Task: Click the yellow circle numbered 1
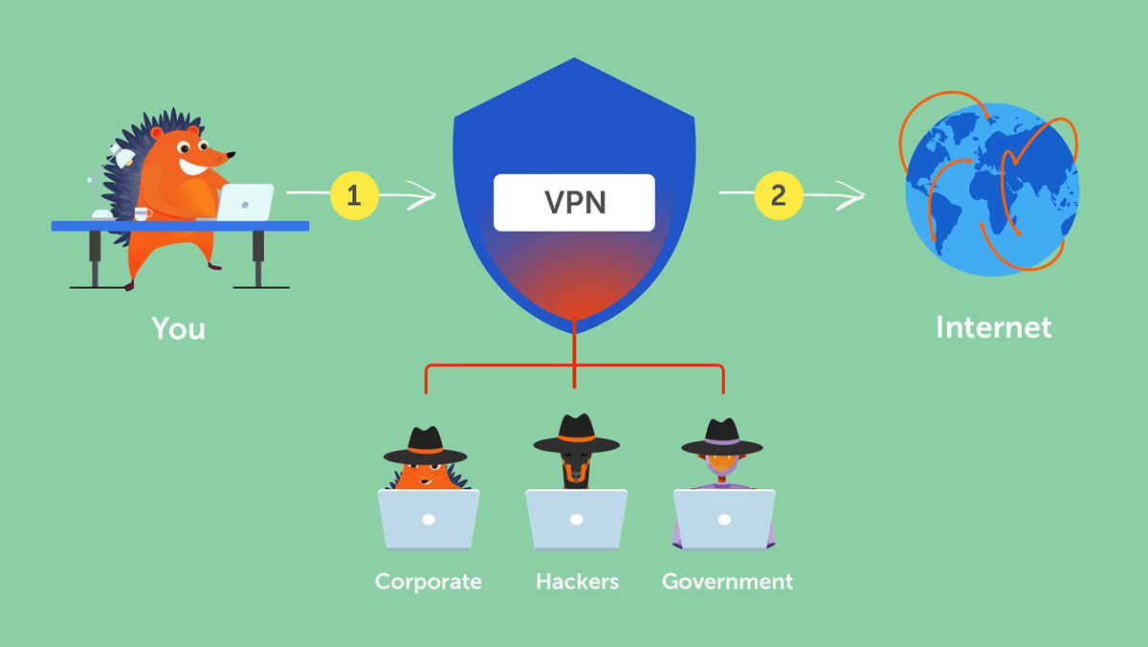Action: (354, 196)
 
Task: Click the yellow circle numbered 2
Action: (778, 195)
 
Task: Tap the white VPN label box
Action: (574, 202)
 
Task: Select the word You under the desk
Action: (178, 328)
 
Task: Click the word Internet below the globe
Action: (993, 327)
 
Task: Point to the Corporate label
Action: (428, 581)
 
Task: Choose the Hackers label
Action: (577, 581)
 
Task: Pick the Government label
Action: (727, 581)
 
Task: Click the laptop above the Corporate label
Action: (429, 520)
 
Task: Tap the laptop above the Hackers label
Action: (576, 520)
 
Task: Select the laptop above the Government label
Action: (724, 520)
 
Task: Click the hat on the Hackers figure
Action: (576, 435)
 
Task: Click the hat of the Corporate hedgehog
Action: (425, 444)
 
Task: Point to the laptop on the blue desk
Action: (246, 202)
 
